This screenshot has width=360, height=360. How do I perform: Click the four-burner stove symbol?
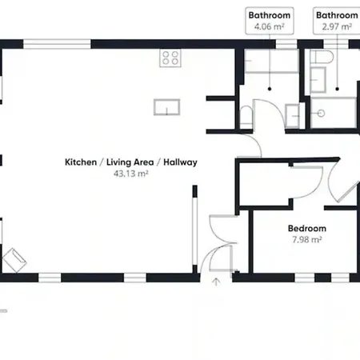(170, 58)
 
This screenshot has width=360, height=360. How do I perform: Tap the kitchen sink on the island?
(166, 107)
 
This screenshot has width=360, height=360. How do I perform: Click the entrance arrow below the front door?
(216, 282)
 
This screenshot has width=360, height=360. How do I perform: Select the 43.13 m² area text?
(131, 174)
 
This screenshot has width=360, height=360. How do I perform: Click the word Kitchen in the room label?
(81, 162)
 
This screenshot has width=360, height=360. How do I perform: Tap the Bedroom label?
(307, 229)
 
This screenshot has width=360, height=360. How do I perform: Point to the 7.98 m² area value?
(307, 240)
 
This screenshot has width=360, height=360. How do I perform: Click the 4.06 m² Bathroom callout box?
(270, 21)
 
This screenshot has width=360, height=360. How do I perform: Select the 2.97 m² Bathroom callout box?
(337, 21)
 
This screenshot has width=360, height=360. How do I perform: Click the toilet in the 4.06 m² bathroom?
(246, 118)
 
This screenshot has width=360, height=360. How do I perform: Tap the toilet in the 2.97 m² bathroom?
(322, 57)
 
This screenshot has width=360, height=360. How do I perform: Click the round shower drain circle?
(321, 114)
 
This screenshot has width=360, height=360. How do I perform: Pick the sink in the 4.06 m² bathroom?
(292, 115)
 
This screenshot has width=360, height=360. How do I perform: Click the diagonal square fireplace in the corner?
(14, 260)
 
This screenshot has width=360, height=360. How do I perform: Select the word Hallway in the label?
(180, 162)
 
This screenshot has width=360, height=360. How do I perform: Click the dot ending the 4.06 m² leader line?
(270, 89)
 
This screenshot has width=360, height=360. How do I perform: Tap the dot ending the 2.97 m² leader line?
(337, 89)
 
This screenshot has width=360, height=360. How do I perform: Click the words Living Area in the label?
(130, 162)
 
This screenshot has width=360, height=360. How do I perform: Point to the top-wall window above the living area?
(57, 44)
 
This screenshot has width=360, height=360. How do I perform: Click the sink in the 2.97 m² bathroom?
(318, 80)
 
